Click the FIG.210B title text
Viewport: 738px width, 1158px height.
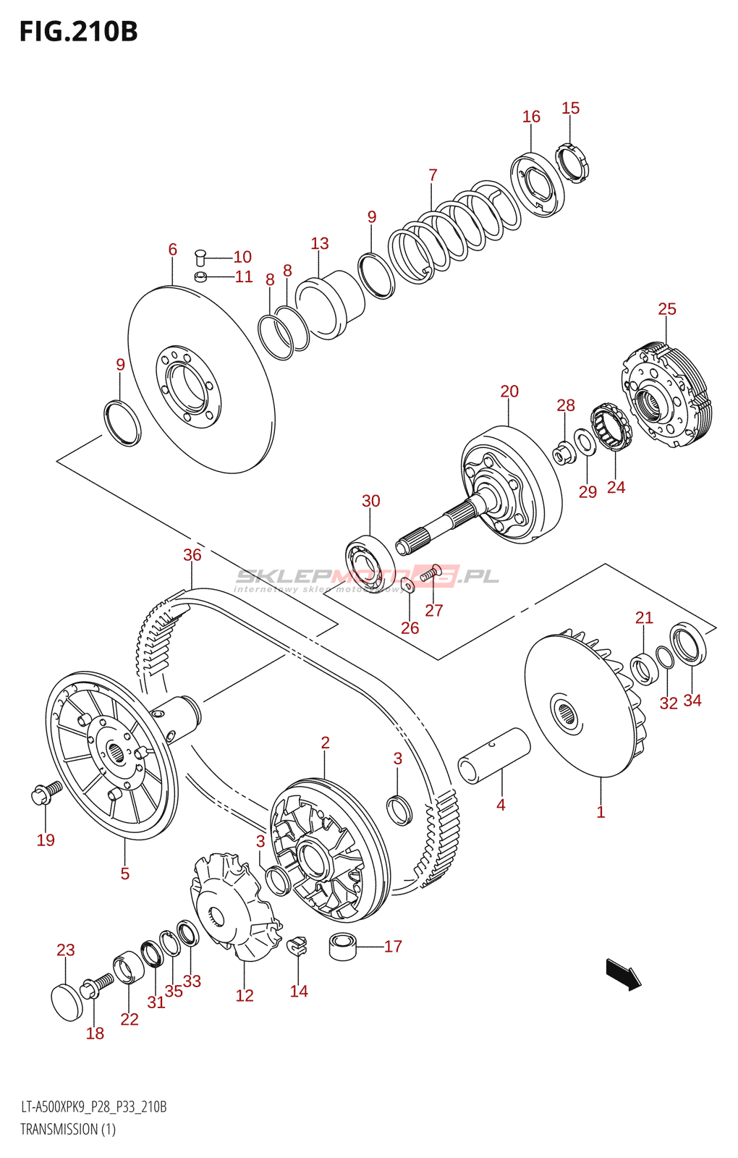tap(78, 32)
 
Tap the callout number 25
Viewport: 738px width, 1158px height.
tap(666, 309)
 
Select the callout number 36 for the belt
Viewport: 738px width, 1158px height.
tap(192, 555)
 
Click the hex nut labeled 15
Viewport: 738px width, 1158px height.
tap(572, 163)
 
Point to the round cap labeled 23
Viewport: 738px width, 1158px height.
tap(67, 1002)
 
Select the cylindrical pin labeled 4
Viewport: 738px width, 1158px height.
tap(495, 755)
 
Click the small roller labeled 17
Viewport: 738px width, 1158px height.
tap(344, 947)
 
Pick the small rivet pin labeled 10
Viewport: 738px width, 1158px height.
tap(201, 257)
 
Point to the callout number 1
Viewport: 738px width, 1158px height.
tap(601, 812)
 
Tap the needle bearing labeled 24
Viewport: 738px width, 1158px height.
tap(609, 427)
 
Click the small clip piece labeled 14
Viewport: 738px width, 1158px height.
tap(297, 945)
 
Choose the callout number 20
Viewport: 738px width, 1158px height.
tap(509, 392)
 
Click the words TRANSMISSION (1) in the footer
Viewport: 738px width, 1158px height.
tap(68, 1129)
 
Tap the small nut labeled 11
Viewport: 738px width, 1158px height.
tap(201, 276)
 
